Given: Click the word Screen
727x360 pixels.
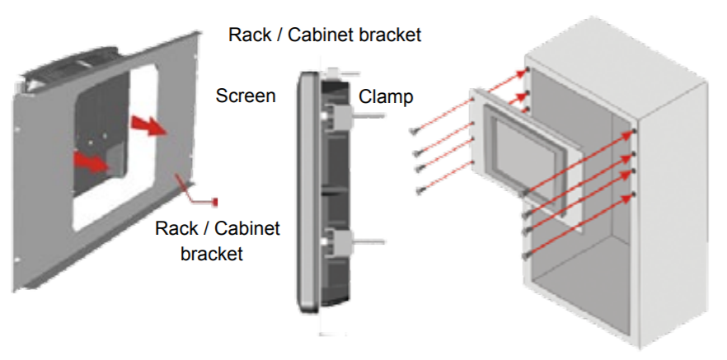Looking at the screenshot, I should (246, 96).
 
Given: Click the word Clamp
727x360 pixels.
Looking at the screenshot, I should (386, 96).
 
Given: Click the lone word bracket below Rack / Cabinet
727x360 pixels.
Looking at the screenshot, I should (212, 253).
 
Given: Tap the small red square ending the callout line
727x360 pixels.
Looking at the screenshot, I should (216, 201).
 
